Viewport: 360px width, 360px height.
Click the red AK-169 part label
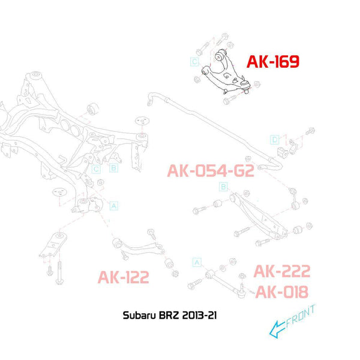click(x=273, y=62)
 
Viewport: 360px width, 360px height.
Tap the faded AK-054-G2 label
click(x=211, y=171)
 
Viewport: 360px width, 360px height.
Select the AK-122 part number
click(x=123, y=277)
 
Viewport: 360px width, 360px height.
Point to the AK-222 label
click(x=282, y=271)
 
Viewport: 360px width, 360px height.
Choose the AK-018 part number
click(x=282, y=292)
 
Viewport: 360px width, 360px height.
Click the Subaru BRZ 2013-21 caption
click(x=170, y=315)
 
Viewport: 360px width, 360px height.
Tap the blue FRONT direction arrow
click(x=277, y=329)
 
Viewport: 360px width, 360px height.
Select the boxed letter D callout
click(x=275, y=140)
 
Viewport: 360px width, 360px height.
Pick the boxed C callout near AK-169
click(x=194, y=62)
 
